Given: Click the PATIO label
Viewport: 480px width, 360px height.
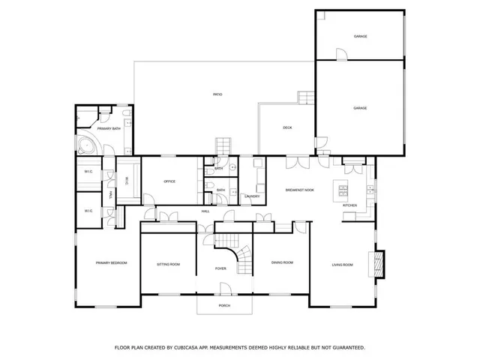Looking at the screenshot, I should [217, 94].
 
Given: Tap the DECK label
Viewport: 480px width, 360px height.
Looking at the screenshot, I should [287, 128].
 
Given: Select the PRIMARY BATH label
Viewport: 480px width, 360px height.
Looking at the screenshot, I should [109, 129].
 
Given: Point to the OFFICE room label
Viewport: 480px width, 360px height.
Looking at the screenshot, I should [169, 181].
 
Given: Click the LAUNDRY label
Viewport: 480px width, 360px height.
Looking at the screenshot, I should [252, 196].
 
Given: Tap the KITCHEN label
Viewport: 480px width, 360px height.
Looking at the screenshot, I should [350, 205].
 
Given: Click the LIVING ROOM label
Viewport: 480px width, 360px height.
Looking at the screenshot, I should [343, 264].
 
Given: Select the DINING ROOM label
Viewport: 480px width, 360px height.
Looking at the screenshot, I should [282, 262].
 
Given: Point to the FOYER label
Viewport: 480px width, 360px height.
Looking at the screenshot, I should [220, 268].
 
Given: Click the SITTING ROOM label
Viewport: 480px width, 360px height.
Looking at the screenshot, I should [168, 264].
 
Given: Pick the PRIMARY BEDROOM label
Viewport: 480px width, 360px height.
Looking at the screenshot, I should [111, 262].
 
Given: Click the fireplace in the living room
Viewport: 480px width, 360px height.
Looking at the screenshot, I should [378, 264].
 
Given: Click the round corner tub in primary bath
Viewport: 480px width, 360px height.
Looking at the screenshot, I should [85, 147].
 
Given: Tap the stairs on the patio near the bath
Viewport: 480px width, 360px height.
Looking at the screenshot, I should [223, 146].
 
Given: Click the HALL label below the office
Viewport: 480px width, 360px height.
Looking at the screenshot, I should [205, 211].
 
